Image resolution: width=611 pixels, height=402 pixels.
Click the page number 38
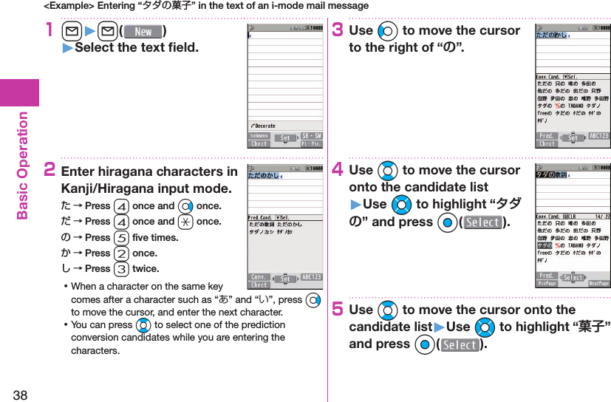(20, 395)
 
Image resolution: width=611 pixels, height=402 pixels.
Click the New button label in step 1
(143, 32)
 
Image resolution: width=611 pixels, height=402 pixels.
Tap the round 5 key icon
(121, 238)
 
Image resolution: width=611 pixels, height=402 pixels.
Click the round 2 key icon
(121, 253)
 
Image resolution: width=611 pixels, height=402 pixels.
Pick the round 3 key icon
(121, 269)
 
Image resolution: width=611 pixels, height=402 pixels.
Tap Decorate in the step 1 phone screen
(265, 126)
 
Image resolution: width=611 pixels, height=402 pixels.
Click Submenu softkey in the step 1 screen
(259, 136)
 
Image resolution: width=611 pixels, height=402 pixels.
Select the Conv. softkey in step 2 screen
(259, 277)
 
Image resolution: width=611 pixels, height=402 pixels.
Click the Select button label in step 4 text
(482, 222)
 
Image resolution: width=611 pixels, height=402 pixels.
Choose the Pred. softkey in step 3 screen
(547, 136)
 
